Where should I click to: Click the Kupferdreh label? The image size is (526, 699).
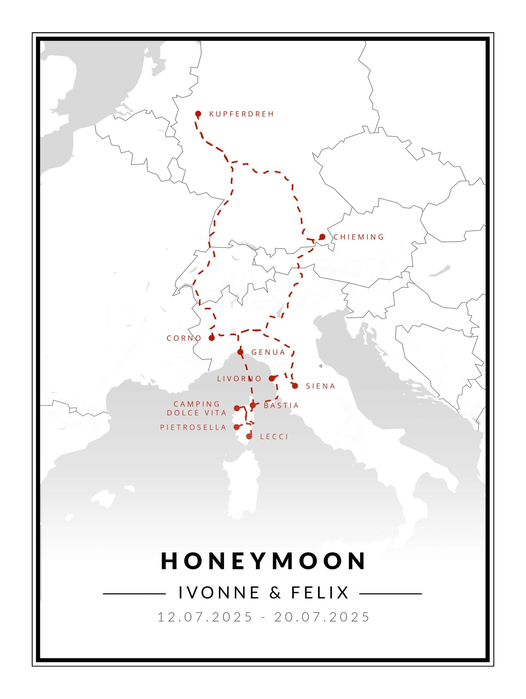(241, 114)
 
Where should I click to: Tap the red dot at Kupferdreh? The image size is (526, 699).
(198, 114)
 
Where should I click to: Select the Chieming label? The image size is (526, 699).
(359, 237)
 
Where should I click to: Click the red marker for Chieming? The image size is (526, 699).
(322, 237)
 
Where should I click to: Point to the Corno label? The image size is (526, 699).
(184, 338)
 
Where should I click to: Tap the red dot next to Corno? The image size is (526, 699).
(211, 338)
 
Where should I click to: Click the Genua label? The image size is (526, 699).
(268, 352)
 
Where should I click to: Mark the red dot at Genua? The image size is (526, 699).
(240, 352)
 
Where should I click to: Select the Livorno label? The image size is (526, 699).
(239, 379)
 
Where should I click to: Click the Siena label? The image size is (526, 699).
(320, 386)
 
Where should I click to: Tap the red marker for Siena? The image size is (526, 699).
(295, 386)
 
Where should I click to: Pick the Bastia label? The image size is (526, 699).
(281, 406)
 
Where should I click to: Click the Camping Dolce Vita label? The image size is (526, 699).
(197, 408)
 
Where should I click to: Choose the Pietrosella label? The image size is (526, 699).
(193, 427)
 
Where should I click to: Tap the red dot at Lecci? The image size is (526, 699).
(249, 436)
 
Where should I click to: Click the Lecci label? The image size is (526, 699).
(274, 437)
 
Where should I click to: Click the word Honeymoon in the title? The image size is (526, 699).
(263, 561)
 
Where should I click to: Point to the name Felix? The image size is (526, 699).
(320, 593)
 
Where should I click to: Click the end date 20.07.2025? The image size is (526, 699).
(322, 617)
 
